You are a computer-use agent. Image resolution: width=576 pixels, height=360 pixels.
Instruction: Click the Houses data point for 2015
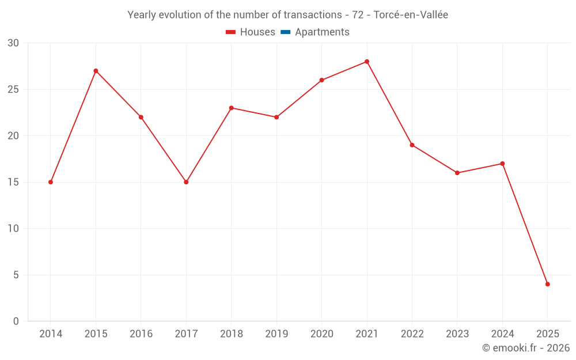click(x=96, y=71)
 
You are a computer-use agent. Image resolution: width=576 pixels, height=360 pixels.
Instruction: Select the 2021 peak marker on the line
click(x=367, y=62)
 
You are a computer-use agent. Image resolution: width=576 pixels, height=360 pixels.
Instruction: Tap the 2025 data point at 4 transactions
click(x=548, y=284)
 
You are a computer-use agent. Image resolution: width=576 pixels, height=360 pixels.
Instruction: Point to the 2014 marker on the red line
click(x=51, y=182)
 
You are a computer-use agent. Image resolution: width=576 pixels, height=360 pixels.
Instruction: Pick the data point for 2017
click(x=186, y=182)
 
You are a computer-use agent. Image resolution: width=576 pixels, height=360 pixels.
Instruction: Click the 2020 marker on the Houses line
click(x=321, y=80)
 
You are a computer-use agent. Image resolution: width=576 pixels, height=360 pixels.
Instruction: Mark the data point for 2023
click(x=457, y=173)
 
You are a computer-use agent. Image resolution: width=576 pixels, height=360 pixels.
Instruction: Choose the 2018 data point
click(x=231, y=108)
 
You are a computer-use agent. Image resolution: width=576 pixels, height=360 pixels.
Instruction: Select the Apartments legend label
click(x=322, y=32)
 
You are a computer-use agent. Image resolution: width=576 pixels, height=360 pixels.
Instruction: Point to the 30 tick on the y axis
click(x=13, y=43)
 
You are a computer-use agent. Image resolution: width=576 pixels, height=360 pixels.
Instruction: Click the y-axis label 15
click(x=13, y=182)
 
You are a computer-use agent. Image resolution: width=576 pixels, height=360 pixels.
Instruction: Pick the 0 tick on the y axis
click(x=16, y=321)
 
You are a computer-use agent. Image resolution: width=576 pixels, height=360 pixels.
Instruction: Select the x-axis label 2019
click(x=276, y=334)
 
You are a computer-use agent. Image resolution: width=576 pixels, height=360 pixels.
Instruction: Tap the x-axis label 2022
click(x=412, y=334)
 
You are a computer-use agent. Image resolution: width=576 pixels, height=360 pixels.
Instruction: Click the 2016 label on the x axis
click(x=141, y=334)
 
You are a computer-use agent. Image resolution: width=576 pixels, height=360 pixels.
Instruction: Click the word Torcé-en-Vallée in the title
click(x=411, y=15)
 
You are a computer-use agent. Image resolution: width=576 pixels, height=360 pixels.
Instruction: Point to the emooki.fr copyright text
click(x=525, y=348)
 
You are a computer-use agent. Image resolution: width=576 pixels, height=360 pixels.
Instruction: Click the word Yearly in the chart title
click(x=142, y=15)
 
